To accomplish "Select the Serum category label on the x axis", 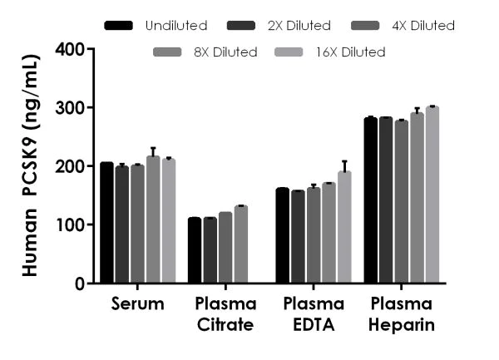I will (x=137, y=304).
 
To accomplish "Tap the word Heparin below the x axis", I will (x=402, y=324).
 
